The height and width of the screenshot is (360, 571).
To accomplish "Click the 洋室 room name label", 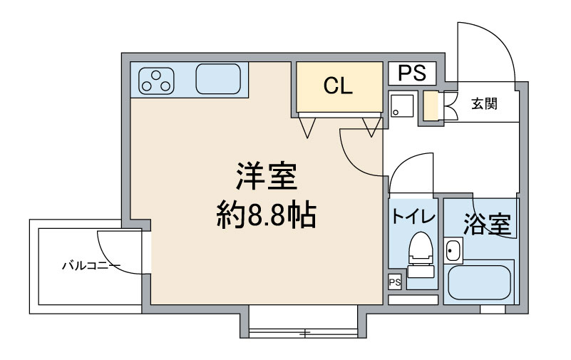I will click(266, 176).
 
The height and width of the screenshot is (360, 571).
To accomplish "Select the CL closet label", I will click(338, 86).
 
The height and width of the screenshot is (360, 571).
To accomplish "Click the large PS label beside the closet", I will click(411, 73).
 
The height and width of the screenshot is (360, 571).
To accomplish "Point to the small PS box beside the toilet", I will click(395, 282).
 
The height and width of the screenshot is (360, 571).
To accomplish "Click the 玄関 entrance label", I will click(484, 103).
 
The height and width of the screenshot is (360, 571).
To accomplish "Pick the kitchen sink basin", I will click(218, 79).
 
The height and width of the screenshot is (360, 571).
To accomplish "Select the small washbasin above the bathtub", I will click(453, 250).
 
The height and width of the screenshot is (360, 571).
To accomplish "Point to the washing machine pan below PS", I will click(401, 106).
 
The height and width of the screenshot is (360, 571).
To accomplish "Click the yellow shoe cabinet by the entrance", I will click(431, 106).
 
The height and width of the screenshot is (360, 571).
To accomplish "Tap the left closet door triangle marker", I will click(308, 127).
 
